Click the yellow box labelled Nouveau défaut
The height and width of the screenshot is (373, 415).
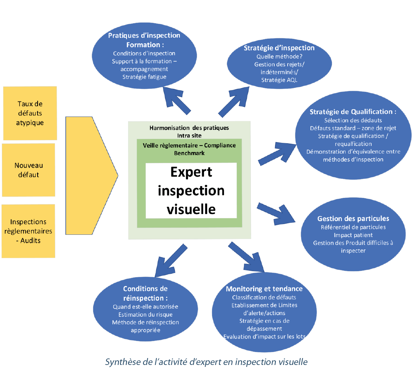[x=28, y=170]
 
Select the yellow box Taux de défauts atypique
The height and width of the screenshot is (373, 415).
[x=30, y=113]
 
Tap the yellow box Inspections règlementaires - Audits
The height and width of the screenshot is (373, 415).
[x=28, y=231]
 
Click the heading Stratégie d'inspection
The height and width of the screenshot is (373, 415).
[x=279, y=48]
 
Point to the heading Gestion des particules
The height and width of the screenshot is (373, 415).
[x=353, y=219]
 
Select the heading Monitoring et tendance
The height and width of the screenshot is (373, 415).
[x=264, y=289]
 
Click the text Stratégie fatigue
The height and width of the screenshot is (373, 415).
[x=144, y=77]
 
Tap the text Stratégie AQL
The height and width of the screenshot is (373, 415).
[x=279, y=80]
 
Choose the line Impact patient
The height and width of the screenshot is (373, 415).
[x=353, y=235]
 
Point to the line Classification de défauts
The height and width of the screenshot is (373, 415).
[x=264, y=297]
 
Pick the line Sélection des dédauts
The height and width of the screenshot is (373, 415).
[x=353, y=120]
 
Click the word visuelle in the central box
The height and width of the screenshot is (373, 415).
[x=191, y=209]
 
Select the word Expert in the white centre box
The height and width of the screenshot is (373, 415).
[x=191, y=172]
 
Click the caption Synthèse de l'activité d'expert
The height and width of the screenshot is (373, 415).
[x=206, y=362]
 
